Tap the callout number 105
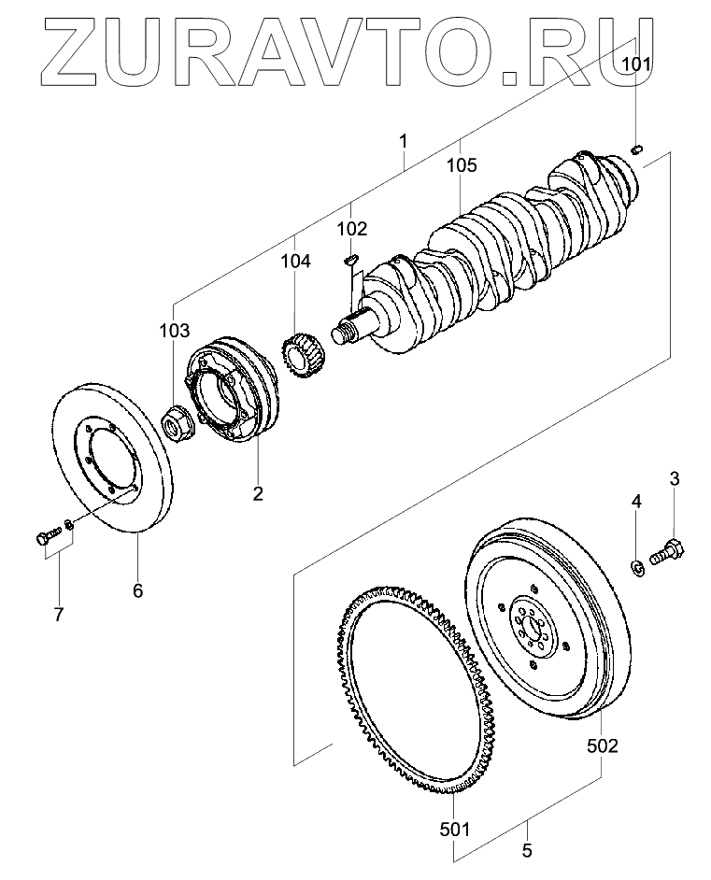[462, 166]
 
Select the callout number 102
[352, 228]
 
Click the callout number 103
[174, 330]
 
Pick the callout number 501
[454, 828]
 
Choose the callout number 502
[602, 745]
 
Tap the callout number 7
[59, 614]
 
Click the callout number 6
[137, 590]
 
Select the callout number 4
[636, 502]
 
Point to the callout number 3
[674, 479]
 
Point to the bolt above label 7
[44, 536]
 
